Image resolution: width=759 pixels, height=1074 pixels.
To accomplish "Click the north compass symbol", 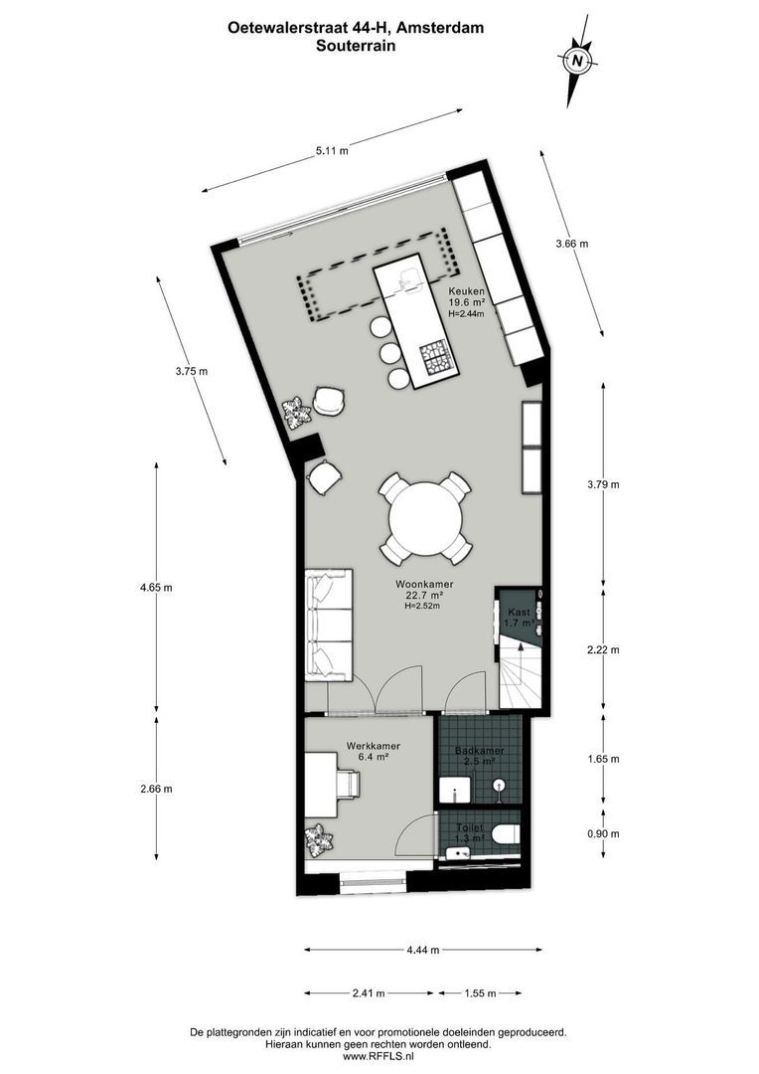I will [577, 62].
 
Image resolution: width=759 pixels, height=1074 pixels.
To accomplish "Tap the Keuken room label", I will [466, 290].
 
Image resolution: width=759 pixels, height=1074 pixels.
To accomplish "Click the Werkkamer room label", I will [374, 746].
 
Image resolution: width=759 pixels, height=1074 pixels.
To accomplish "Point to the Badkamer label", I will [479, 752].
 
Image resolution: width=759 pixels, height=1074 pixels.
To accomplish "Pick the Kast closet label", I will [519, 613].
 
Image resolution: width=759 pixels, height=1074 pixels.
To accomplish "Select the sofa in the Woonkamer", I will [329, 626].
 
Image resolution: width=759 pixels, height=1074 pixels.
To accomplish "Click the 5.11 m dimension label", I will [332, 151].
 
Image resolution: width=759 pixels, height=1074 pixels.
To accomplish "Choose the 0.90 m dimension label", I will [602, 833].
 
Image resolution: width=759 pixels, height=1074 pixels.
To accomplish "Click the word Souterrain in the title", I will [356, 45].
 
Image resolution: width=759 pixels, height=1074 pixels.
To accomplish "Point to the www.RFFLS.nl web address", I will [379, 1057].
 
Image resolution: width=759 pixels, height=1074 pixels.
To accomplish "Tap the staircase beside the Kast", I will [520, 674].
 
